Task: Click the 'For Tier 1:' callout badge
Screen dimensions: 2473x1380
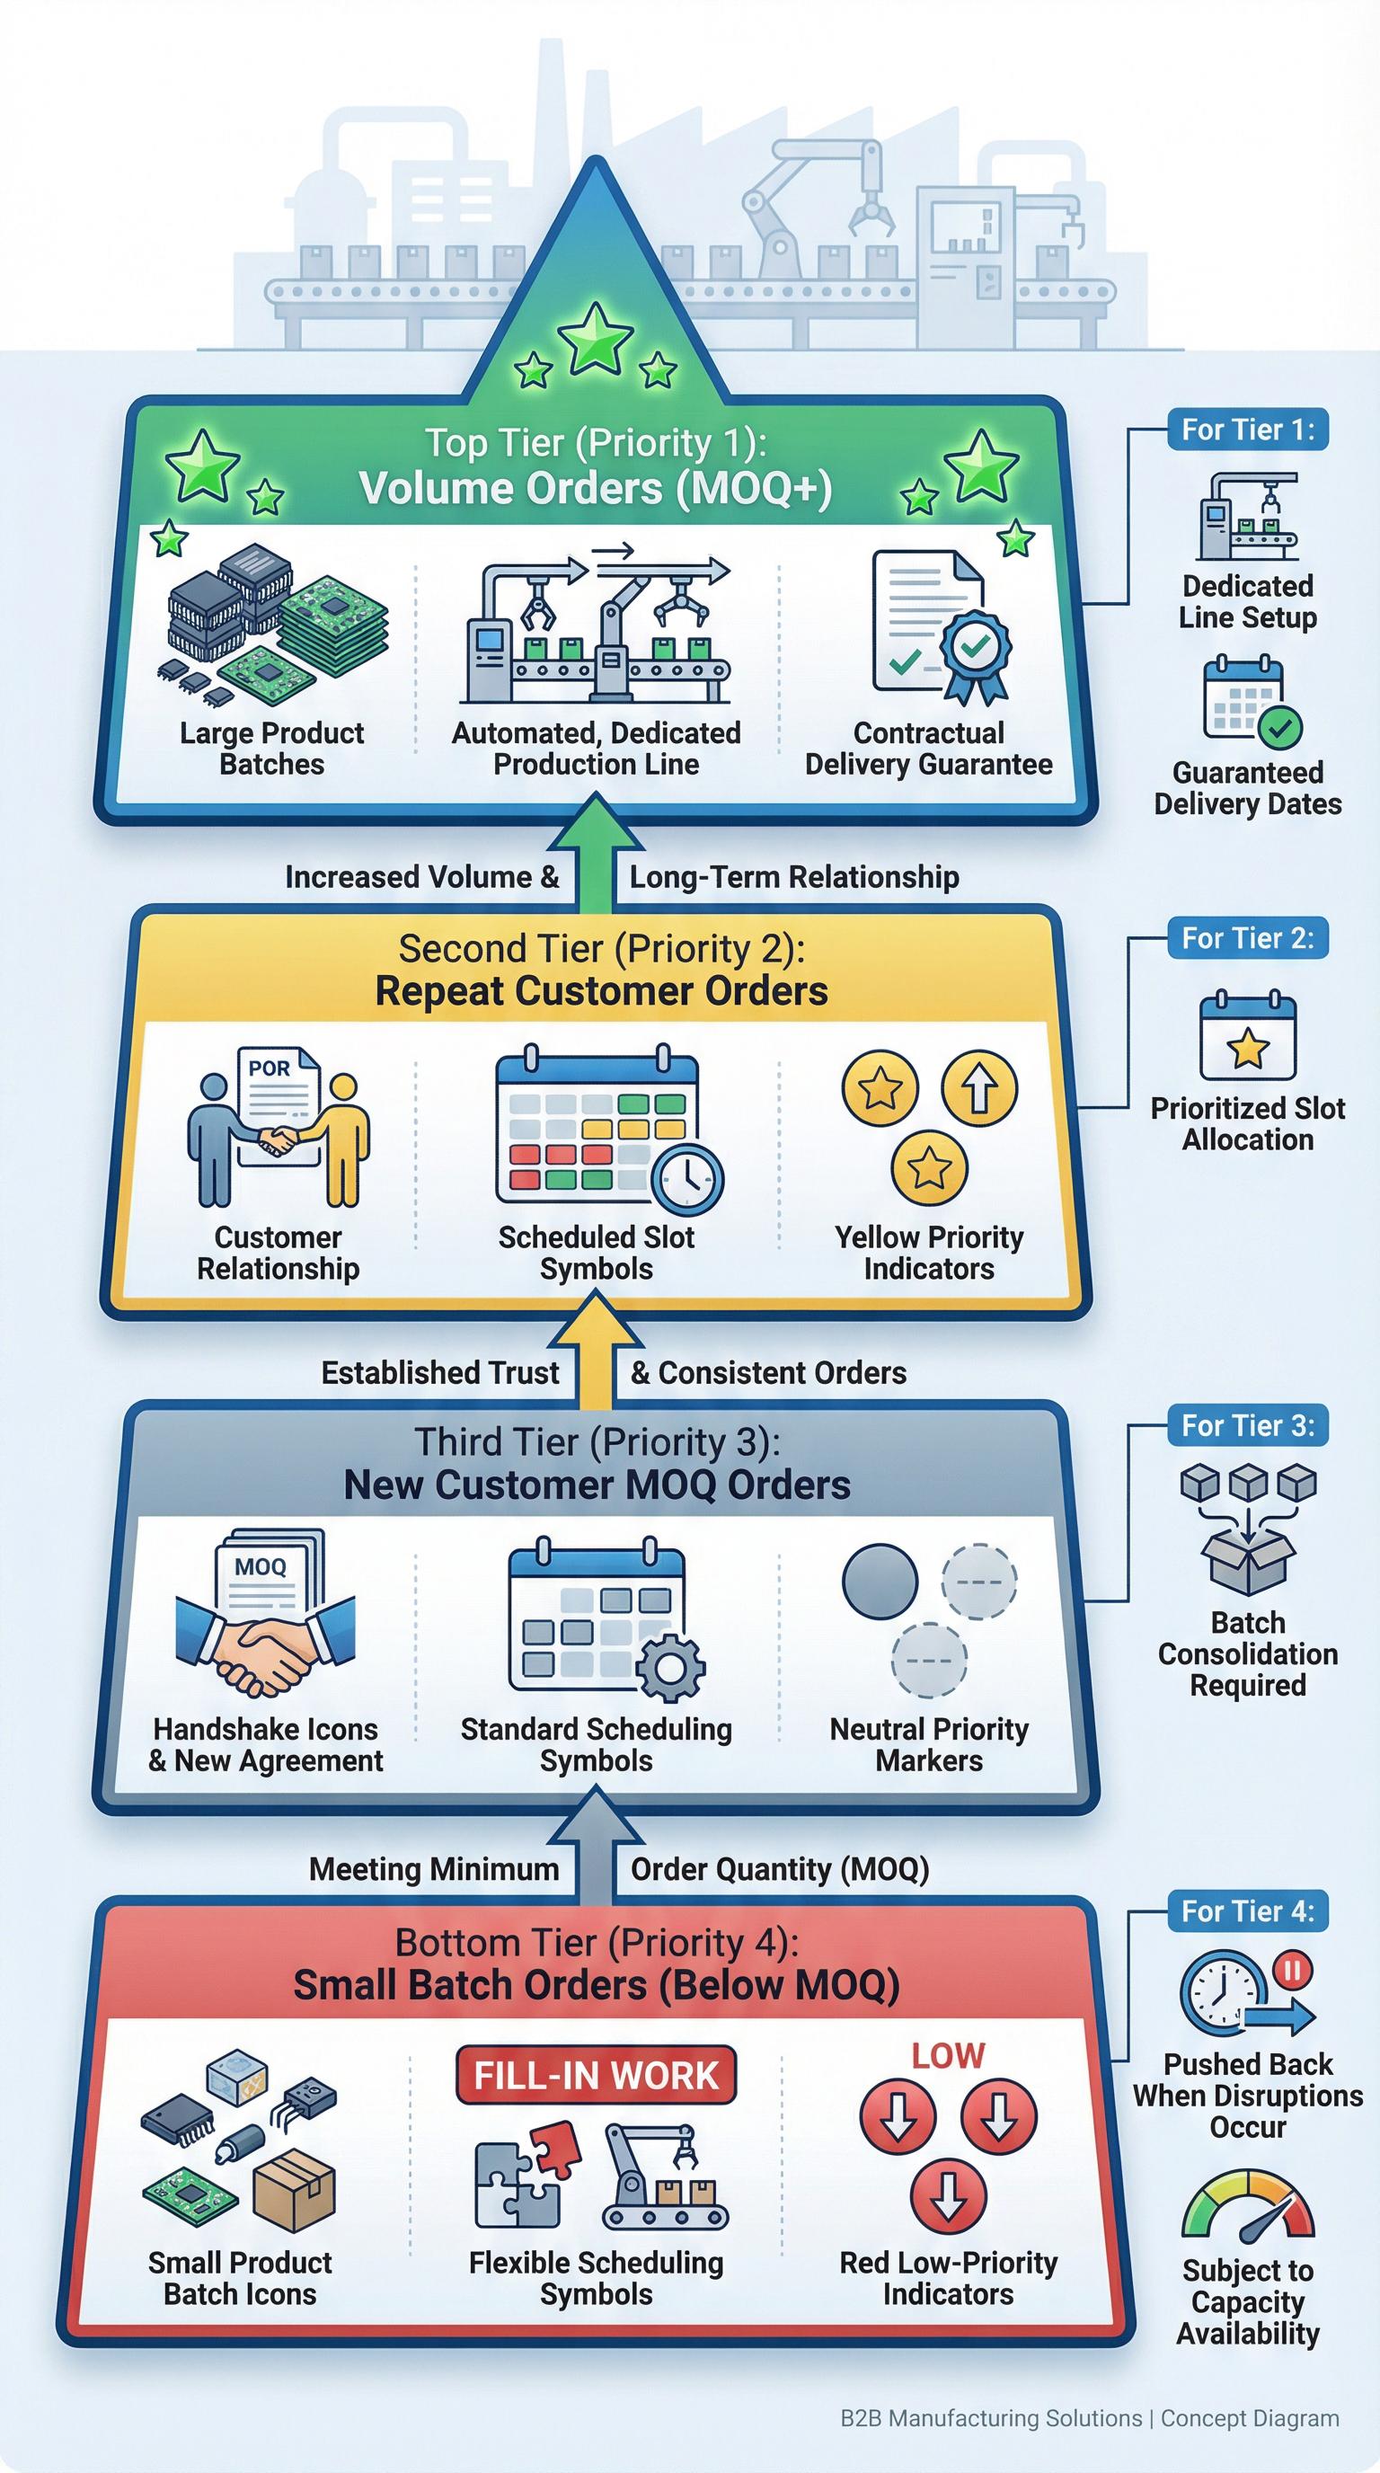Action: pos(1248,430)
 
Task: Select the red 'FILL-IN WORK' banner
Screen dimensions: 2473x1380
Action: pos(596,2075)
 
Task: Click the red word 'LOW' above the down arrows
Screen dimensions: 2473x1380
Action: pos(948,2055)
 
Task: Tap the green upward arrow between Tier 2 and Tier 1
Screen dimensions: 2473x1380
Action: pos(596,849)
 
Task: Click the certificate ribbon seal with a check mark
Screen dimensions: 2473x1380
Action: pos(974,649)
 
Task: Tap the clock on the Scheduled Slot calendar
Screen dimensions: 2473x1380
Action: pos(687,1179)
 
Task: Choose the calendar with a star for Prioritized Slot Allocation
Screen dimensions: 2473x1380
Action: pos(1248,1038)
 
